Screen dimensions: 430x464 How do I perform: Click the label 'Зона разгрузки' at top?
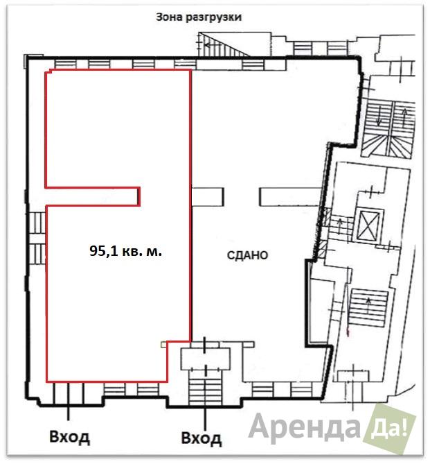coord(199,17)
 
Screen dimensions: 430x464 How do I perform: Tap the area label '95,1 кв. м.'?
coord(125,251)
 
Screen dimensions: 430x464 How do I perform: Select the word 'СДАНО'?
coord(247,255)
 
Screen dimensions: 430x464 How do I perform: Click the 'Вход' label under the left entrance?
coord(69,437)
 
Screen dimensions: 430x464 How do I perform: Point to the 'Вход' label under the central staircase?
coord(201,438)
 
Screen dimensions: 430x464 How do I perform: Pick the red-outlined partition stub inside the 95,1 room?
coord(93,196)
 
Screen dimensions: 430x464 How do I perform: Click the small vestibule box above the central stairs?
coord(205,359)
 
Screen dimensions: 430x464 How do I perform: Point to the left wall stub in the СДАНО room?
coord(208,197)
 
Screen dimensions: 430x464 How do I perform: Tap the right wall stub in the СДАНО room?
coord(290,197)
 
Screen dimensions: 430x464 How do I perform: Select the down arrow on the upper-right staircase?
coord(379,117)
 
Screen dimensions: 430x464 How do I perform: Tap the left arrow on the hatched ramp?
coord(210,45)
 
